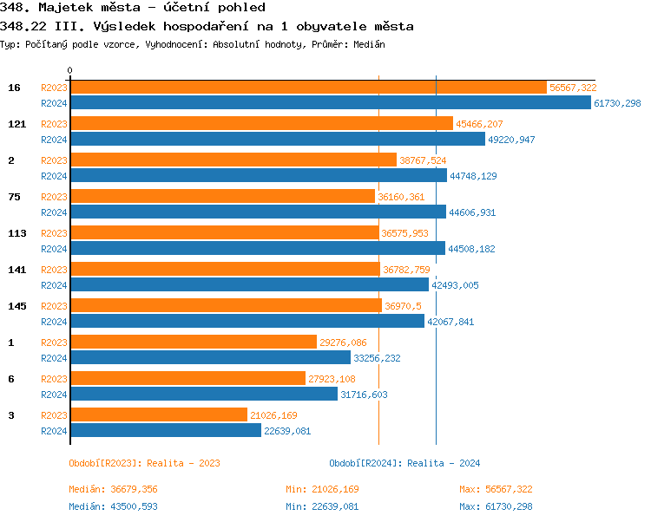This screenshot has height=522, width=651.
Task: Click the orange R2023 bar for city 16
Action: point(308,88)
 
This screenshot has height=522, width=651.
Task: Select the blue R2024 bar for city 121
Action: point(277,139)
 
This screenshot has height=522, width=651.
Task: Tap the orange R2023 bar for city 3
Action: point(158,414)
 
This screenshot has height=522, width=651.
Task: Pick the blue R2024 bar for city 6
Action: point(203,394)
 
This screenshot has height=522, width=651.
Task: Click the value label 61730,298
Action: point(617,103)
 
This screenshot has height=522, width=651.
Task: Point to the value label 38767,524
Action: point(424,160)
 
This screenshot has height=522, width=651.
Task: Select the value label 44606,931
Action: point(472,212)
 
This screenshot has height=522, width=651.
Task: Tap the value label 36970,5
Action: point(403,306)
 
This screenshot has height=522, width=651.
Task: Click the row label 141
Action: point(17,270)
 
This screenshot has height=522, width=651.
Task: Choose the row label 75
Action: point(15,197)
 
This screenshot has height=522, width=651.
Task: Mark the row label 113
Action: point(17,233)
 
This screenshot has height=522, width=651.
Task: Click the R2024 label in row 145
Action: point(54,322)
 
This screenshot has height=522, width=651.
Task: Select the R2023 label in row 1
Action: point(54,343)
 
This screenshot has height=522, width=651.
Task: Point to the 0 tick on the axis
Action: point(70,70)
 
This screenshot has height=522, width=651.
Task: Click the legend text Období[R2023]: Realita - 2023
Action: point(144,463)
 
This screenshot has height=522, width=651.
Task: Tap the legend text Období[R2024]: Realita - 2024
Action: point(404,463)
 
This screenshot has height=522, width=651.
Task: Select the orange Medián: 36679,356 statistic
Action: point(113,490)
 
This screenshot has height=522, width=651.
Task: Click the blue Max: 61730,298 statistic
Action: point(496,506)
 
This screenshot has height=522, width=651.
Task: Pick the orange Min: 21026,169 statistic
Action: point(322,490)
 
